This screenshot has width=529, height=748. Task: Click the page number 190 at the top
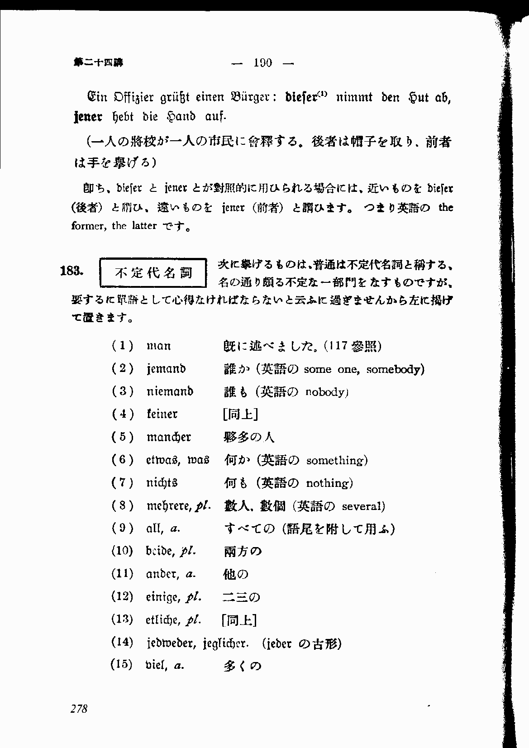pos(263,63)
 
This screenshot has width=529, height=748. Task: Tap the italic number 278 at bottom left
pos(79,709)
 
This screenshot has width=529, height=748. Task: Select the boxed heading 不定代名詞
pos(153,273)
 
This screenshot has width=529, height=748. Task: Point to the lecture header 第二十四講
pos(98,63)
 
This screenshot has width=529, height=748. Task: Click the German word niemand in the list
pos(170,391)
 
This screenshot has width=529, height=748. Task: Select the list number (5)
pos(122,437)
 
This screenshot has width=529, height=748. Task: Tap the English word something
pos(336,461)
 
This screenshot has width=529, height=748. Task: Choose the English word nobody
pos(325,392)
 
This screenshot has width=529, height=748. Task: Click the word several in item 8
pos(362,506)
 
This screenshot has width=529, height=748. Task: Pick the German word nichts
pos(162,483)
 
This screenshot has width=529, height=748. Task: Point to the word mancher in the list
pos(169,437)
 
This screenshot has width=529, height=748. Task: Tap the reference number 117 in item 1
pos(338,346)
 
